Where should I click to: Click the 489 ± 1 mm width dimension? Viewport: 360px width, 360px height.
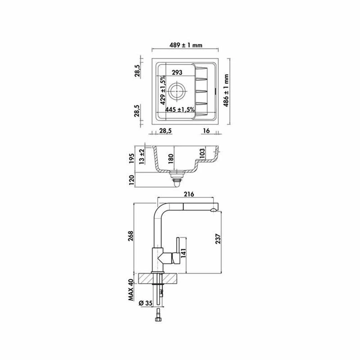[186, 45]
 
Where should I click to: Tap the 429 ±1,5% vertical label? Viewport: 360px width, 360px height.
[162, 90]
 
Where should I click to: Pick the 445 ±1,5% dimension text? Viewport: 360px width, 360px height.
[180, 109]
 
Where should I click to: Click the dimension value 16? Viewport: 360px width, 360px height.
[206, 131]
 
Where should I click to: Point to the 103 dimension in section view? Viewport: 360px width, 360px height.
[202, 154]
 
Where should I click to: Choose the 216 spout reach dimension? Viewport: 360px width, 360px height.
[189, 194]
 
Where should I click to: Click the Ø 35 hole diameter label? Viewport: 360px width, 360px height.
[145, 303]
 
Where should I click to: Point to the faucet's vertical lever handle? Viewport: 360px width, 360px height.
[177, 246]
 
